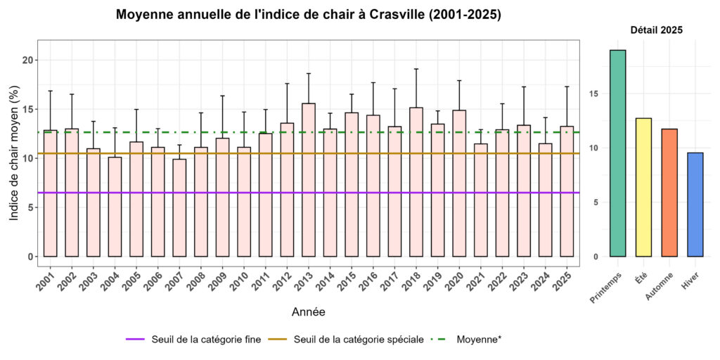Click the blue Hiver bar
tap(695, 205)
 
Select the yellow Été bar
tap(643, 187)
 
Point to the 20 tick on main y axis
tap(27, 60)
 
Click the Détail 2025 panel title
tap(656, 30)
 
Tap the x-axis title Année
tap(308, 311)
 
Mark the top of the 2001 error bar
tap(50, 91)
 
